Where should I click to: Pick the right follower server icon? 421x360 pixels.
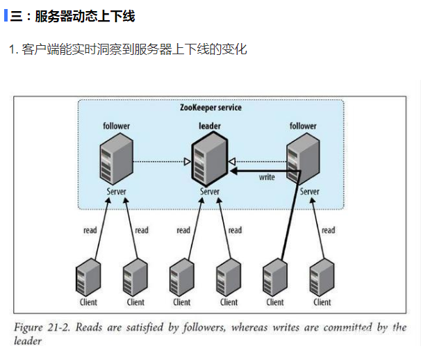point(304,157)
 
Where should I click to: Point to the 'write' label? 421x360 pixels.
point(267,178)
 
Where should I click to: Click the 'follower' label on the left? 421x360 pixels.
point(116,126)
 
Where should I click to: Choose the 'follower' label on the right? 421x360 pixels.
point(303,126)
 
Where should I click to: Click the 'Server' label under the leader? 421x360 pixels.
point(209,192)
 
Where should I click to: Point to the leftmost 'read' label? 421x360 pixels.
point(90,230)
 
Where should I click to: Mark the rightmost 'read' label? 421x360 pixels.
point(328,230)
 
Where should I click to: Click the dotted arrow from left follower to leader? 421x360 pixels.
point(162,162)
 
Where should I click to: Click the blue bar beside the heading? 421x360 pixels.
point(6,15)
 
